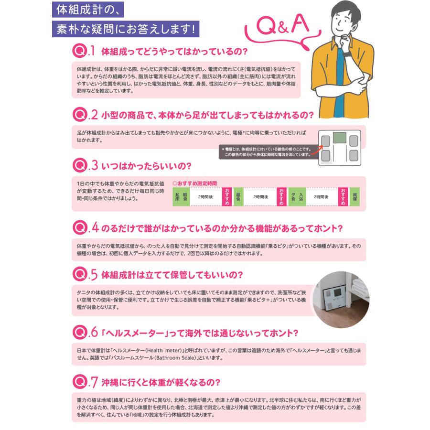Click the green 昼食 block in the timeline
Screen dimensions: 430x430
pos(237,196)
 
